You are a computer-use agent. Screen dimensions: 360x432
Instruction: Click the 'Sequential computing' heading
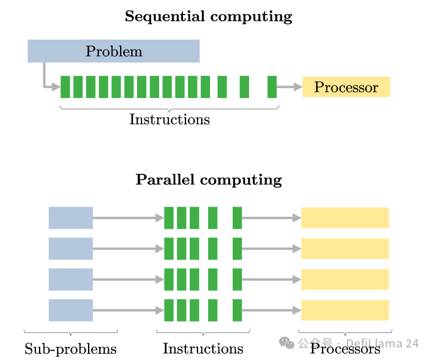point(208,16)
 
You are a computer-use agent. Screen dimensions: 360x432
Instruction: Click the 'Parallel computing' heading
point(209,180)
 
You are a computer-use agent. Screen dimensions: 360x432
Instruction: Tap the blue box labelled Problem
point(113,51)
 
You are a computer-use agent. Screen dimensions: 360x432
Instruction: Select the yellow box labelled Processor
point(346,87)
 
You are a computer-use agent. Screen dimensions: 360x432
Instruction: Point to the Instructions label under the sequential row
point(169,119)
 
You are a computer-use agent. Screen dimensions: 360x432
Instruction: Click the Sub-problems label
point(70,348)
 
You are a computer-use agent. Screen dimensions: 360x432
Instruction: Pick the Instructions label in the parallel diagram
point(202,348)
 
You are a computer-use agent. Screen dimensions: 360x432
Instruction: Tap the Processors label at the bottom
point(345,348)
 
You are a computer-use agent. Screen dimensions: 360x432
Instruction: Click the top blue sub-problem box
point(70,217)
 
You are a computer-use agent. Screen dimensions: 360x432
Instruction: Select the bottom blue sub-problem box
point(70,310)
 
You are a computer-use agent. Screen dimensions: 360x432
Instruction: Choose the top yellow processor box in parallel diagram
point(345,217)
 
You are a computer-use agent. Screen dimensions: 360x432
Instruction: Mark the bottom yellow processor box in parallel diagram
point(345,310)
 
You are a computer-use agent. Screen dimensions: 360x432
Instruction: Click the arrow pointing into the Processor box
point(289,87)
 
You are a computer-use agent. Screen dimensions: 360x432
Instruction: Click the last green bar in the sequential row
point(272,87)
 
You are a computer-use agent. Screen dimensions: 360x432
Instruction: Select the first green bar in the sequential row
point(65,87)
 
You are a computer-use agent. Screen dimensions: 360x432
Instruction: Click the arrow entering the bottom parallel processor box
point(271,310)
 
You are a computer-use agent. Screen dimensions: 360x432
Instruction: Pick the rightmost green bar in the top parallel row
point(237,217)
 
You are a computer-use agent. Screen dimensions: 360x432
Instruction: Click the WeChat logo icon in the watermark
point(287,343)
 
